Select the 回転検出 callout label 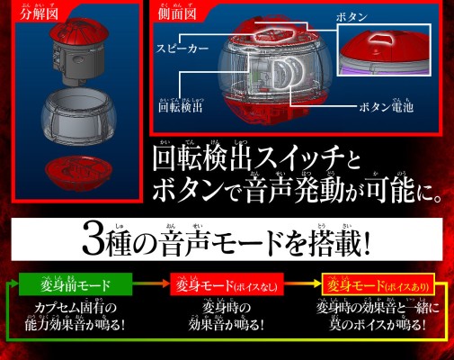pyautogui.click(x=179, y=105)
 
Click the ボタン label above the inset pyautogui.click(x=352, y=17)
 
